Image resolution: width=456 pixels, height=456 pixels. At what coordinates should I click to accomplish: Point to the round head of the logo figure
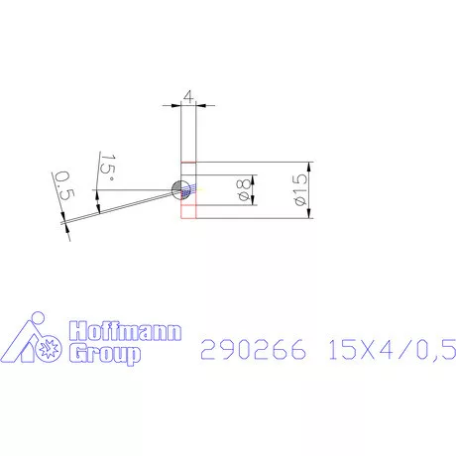[37, 319]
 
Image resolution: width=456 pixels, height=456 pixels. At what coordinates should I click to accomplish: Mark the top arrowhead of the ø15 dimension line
[311, 166]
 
